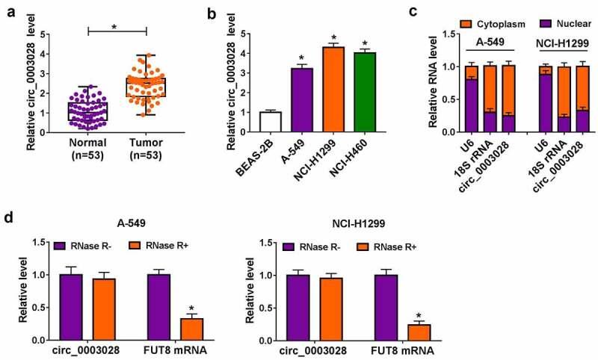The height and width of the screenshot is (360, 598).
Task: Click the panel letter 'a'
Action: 7,9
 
